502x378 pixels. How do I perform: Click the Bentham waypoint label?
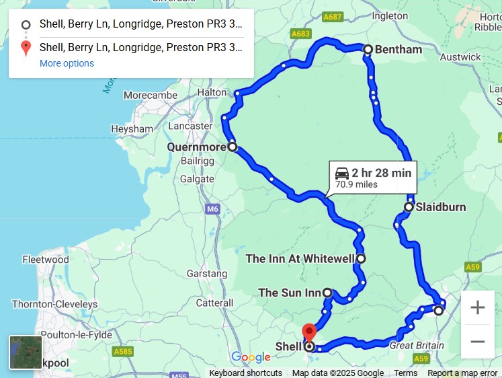pos(399,50)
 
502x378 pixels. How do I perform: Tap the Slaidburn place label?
pos(440,207)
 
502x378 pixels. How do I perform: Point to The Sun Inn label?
pos(290,293)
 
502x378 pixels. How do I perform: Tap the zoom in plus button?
pos(477,308)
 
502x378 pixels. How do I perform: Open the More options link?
pos(67,63)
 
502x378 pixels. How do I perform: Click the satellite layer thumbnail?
pos(26,352)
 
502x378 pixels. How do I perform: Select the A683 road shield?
pos(301,33)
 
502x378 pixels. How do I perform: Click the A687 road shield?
pos(332,16)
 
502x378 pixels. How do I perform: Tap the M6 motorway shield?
pos(213,209)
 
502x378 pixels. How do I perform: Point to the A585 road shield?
pos(123,351)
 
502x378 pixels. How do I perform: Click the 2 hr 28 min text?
pos(381,173)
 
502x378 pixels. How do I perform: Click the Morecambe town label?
pos(151,96)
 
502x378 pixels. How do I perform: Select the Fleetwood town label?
pos(46,260)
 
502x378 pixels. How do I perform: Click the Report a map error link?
pos(462,373)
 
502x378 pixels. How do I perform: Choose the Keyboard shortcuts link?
pos(245,373)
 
